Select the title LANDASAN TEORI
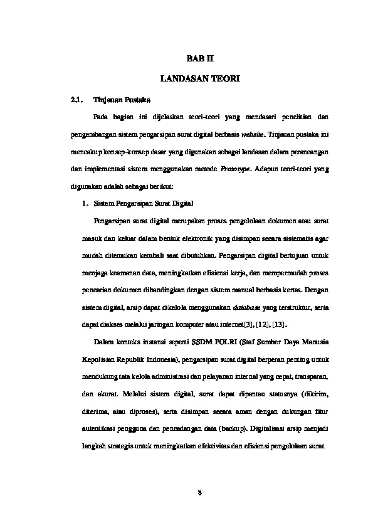199,80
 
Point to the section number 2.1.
76,99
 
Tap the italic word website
254,134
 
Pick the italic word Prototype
236,169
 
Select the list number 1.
85,204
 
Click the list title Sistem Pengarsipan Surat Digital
144,204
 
